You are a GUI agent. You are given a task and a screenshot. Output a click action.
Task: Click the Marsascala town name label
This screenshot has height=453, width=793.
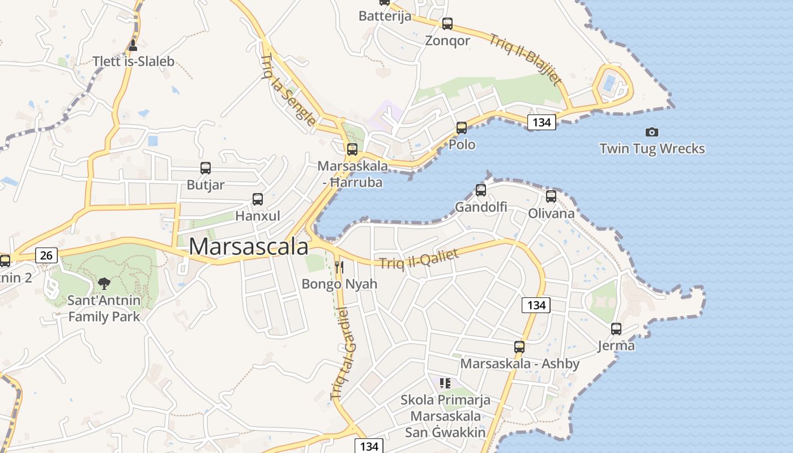[249, 246]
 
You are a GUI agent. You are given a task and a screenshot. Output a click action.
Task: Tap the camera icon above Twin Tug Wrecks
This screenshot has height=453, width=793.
[652, 132]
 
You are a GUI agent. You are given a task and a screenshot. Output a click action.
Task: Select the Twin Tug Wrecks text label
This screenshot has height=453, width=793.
[652, 149]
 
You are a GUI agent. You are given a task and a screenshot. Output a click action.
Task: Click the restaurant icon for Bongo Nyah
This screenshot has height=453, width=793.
[339, 267]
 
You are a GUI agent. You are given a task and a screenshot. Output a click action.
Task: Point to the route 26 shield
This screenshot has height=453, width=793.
[46, 255]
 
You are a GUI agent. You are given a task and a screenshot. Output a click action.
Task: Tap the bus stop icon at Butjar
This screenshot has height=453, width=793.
[206, 168]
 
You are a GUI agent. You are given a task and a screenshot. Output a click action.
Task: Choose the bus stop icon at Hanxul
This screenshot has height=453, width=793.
[258, 199]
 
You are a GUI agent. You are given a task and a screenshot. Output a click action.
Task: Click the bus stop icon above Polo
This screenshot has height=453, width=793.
[462, 128]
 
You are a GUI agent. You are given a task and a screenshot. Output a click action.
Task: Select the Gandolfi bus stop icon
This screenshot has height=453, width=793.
[481, 190]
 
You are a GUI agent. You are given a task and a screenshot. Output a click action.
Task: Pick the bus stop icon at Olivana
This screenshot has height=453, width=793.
[551, 196]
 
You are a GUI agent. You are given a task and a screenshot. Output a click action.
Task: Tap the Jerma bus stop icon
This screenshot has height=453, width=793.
[616, 328]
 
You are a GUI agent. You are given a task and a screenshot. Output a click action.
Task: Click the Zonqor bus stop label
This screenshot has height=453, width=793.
[447, 41]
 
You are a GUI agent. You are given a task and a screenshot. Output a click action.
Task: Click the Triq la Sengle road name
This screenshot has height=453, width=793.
[288, 89]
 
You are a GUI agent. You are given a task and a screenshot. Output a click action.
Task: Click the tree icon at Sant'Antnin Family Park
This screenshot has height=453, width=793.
[104, 283]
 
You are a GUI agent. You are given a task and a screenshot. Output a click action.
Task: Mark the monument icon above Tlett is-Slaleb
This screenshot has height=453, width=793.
[133, 45]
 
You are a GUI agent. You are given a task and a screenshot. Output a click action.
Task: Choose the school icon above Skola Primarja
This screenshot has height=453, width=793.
[445, 383]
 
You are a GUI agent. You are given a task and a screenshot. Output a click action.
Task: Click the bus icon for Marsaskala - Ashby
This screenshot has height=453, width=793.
[519, 347]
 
